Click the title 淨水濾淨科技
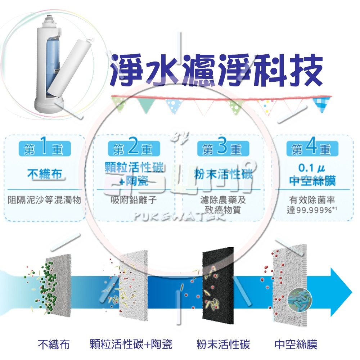click(x=216, y=71)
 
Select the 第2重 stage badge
click(x=132, y=149)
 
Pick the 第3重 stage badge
click(x=222, y=149)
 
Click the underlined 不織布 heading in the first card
click(x=44, y=175)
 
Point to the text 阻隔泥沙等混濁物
click(x=44, y=199)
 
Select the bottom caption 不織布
click(x=54, y=344)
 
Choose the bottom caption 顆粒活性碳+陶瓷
click(x=131, y=344)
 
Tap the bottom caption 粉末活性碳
click(x=223, y=344)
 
